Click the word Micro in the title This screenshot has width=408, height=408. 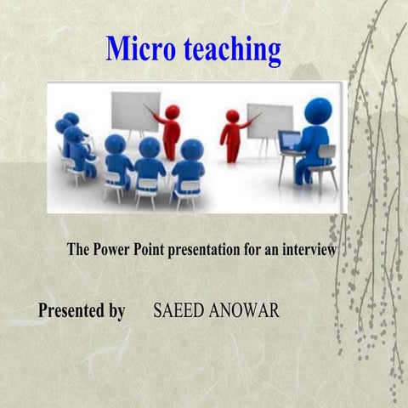[x=136, y=49]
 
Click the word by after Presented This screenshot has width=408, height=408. [x=116, y=311]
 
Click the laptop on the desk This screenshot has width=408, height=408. [x=289, y=141]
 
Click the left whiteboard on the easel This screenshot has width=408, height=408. [x=135, y=111]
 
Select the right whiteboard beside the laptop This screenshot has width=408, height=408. [x=269, y=120]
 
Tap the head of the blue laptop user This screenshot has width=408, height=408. [x=318, y=111]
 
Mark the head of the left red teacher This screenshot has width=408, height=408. [x=173, y=111]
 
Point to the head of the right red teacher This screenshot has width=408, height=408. [x=232, y=116]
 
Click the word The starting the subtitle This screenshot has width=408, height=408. [x=79, y=251]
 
